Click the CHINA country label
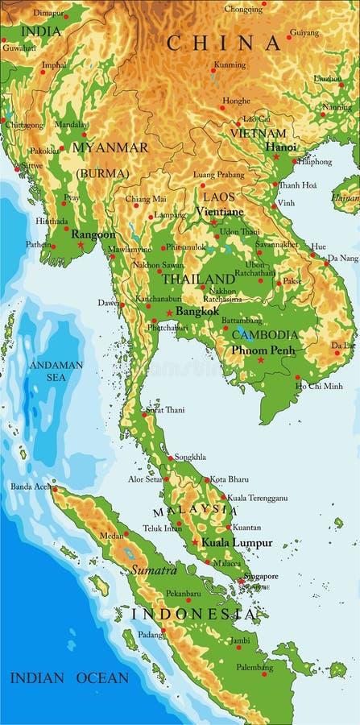(225, 43)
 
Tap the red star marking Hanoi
(276, 157)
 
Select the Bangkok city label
(197, 311)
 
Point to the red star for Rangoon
(81, 245)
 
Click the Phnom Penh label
(263, 350)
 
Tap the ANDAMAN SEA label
(56, 371)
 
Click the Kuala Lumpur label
(237, 543)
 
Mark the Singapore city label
(262, 576)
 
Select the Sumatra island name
(154, 570)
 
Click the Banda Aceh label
(31, 487)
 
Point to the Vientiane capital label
(219, 212)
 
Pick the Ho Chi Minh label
(320, 387)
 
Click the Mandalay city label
(72, 125)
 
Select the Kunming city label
(230, 64)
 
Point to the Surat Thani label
(164, 410)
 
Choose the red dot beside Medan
(126, 533)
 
